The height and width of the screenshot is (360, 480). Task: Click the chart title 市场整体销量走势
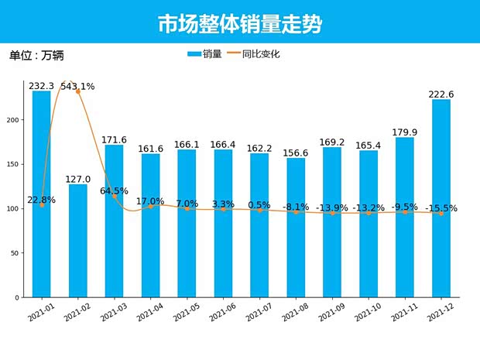pyautogui.click(x=239, y=24)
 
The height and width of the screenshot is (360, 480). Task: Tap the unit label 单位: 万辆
pyautogui.click(x=36, y=56)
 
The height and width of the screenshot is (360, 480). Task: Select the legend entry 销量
pyautogui.click(x=205, y=54)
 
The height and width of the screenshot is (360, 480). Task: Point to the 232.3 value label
pyautogui.click(x=41, y=86)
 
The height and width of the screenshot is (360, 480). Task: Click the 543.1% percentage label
pyautogui.click(x=77, y=87)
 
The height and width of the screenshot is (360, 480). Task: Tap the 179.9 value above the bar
pyautogui.click(x=405, y=132)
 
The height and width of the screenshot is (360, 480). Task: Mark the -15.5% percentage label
pyautogui.click(x=441, y=208)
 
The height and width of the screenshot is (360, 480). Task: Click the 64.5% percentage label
pyautogui.click(x=114, y=191)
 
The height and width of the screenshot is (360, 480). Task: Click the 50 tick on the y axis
pyautogui.click(x=18, y=253)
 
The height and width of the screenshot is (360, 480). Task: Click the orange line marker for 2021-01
pyautogui.click(x=42, y=205)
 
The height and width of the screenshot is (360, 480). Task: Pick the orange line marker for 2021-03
pyautogui.click(x=114, y=197)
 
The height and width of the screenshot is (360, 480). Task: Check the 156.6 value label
pyautogui.click(x=296, y=153)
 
